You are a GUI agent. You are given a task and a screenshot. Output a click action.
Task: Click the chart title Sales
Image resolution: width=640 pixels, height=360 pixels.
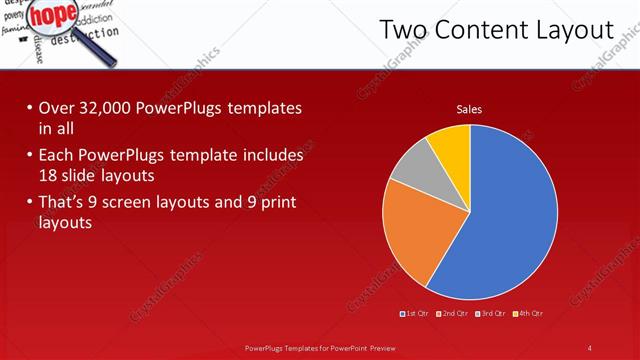click(469, 109)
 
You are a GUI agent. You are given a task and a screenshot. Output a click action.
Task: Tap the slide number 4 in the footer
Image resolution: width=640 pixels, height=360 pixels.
click(589, 347)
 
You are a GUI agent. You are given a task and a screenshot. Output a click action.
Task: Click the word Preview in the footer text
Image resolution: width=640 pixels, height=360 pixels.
click(379, 347)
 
